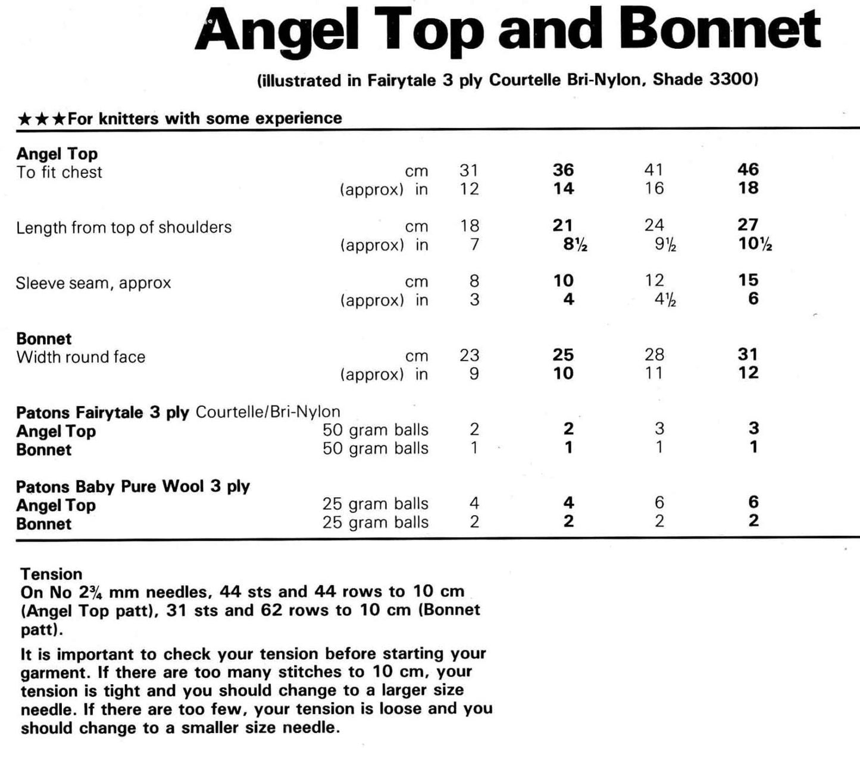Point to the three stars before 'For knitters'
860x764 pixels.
click(x=41, y=119)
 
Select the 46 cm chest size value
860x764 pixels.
click(x=748, y=170)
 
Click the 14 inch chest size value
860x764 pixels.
click(x=563, y=189)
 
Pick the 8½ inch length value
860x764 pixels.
click(x=574, y=244)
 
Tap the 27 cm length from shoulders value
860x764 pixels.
click(x=748, y=225)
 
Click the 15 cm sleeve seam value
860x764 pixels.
click(x=748, y=280)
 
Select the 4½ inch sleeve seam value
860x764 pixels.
click(x=665, y=300)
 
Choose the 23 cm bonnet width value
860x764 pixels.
click(x=469, y=356)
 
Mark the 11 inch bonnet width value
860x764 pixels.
click(x=653, y=374)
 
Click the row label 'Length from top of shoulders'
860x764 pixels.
click(x=124, y=227)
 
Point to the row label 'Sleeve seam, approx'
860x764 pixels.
click(x=93, y=283)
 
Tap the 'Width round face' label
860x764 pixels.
click(x=81, y=357)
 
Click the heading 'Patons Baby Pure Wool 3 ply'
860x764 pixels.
click(x=133, y=487)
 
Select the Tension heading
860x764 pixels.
click(x=51, y=574)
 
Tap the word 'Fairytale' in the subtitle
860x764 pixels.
click(x=402, y=80)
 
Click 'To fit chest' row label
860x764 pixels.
click(x=59, y=173)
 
